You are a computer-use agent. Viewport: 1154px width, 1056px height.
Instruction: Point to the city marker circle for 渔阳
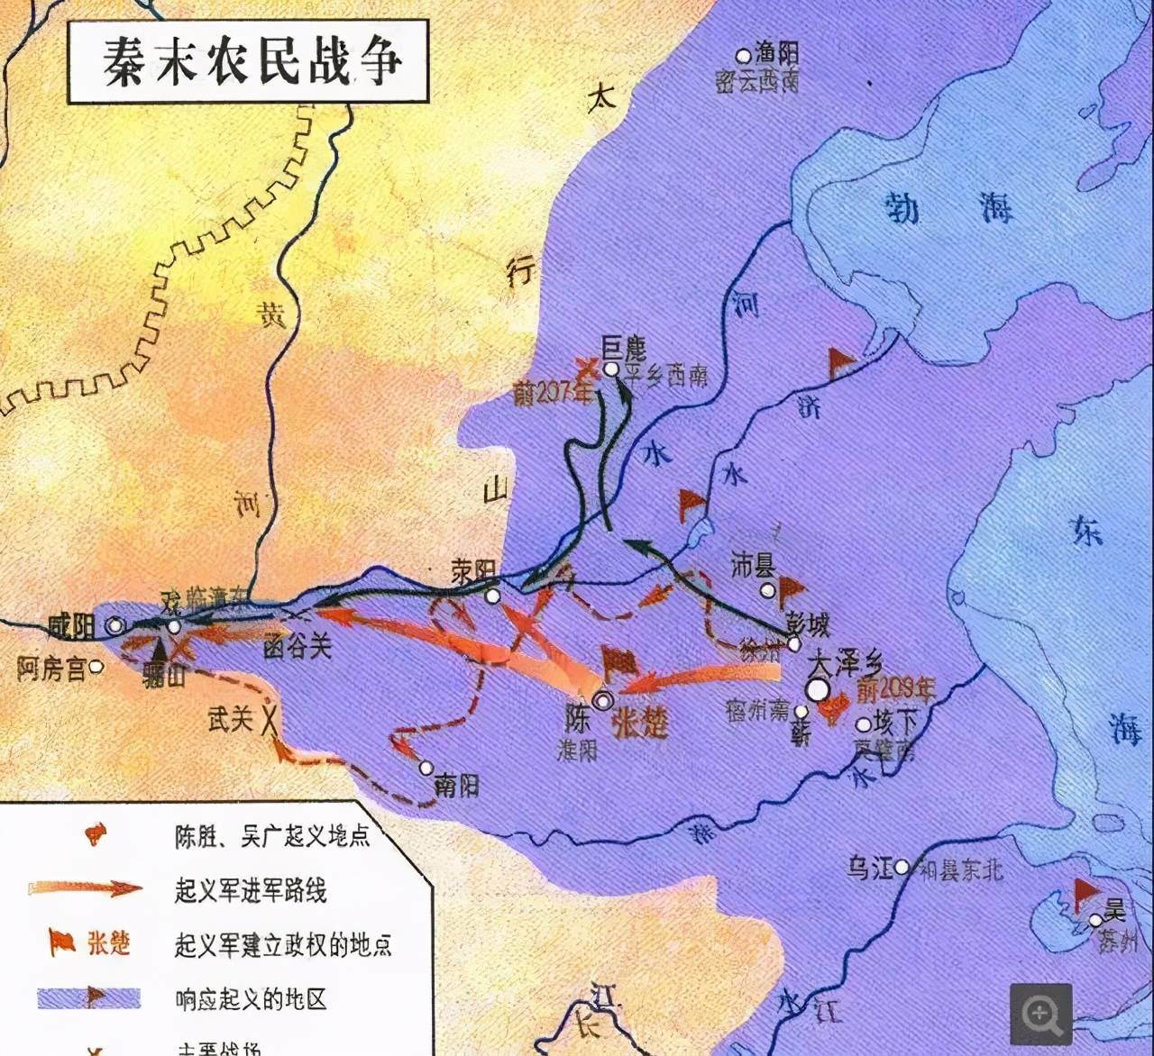click(743, 56)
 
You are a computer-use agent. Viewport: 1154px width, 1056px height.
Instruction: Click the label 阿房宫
click(50, 669)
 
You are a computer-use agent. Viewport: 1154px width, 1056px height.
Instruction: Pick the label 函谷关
click(298, 646)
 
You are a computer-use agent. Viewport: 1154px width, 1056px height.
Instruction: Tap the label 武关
click(230, 718)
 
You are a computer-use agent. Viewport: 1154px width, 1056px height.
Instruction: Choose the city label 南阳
click(456, 785)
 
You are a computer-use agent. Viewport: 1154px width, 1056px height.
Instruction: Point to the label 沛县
click(754, 565)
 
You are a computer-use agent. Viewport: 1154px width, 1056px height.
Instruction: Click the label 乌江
click(869, 868)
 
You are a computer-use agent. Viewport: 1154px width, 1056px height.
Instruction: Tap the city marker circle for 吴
click(1094, 920)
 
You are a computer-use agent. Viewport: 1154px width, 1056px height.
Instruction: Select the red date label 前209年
click(894, 690)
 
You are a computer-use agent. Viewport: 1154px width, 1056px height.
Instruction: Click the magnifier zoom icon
click(1041, 1014)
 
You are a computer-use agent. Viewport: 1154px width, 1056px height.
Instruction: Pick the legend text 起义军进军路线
click(251, 891)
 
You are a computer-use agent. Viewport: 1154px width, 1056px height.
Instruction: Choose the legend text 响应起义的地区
click(251, 999)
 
